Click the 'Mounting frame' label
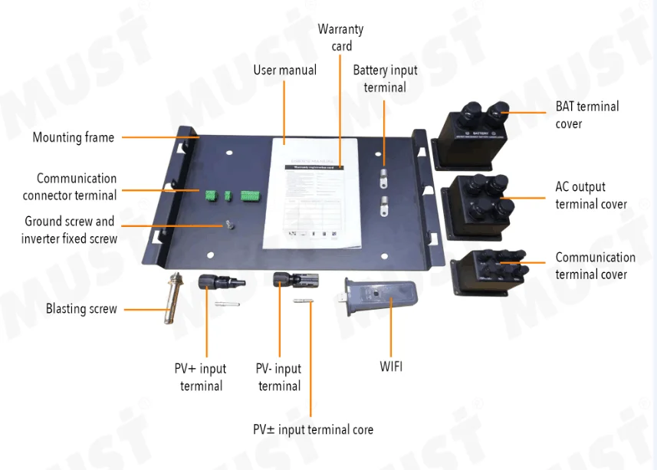(73, 138)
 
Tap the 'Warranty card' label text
(341, 38)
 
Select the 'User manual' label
(284, 71)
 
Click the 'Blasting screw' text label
(81, 309)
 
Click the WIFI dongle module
(381, 304)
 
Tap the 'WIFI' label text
(391, 366)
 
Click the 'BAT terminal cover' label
(587, 115)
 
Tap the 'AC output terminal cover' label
(591, 196)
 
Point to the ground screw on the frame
(228, 225)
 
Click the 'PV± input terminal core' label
(314, 429)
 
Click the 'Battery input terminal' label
(385, 79)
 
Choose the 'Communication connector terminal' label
(70, 187)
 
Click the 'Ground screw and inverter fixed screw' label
(69, 230)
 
